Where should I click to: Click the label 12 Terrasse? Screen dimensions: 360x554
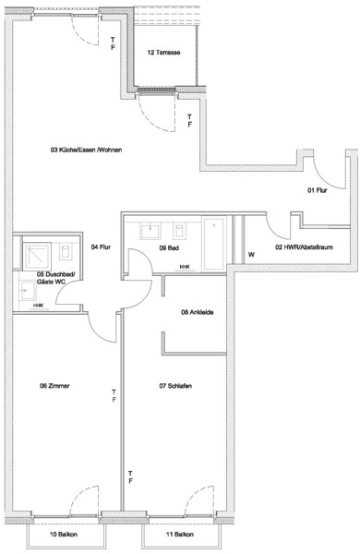(x=163, y=53)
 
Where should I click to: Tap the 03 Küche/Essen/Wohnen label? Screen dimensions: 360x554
(x=87, y=150)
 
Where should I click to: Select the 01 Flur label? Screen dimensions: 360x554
(x=317, y=190)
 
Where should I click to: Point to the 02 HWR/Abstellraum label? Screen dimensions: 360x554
(x=304, y=247)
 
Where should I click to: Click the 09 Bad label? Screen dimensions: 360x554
(x=169, y=248)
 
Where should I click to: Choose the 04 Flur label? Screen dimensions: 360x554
(x=101, y=247)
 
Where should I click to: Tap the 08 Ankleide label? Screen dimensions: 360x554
(x=198, y=312)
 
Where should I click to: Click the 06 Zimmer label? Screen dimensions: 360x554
(x=54, y=386)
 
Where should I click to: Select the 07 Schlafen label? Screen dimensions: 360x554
(x=175, y=386)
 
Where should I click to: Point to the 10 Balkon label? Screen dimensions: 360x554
(x=64, y=535)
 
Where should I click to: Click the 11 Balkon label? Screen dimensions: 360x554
(x=180, y=535)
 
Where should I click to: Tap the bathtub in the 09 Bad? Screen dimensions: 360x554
(x=214, y=244)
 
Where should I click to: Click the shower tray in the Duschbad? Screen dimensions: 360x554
(x=37, y=256)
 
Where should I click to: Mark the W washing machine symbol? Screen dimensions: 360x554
(x=251, y=255)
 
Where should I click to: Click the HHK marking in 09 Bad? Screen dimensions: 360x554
(x=185, y=267)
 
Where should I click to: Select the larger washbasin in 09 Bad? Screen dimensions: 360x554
(x=150, y=231)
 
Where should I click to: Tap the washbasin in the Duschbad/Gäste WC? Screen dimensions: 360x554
(x=28, y=290)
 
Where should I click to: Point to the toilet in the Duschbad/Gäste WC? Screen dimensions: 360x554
(x=66, y=251)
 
